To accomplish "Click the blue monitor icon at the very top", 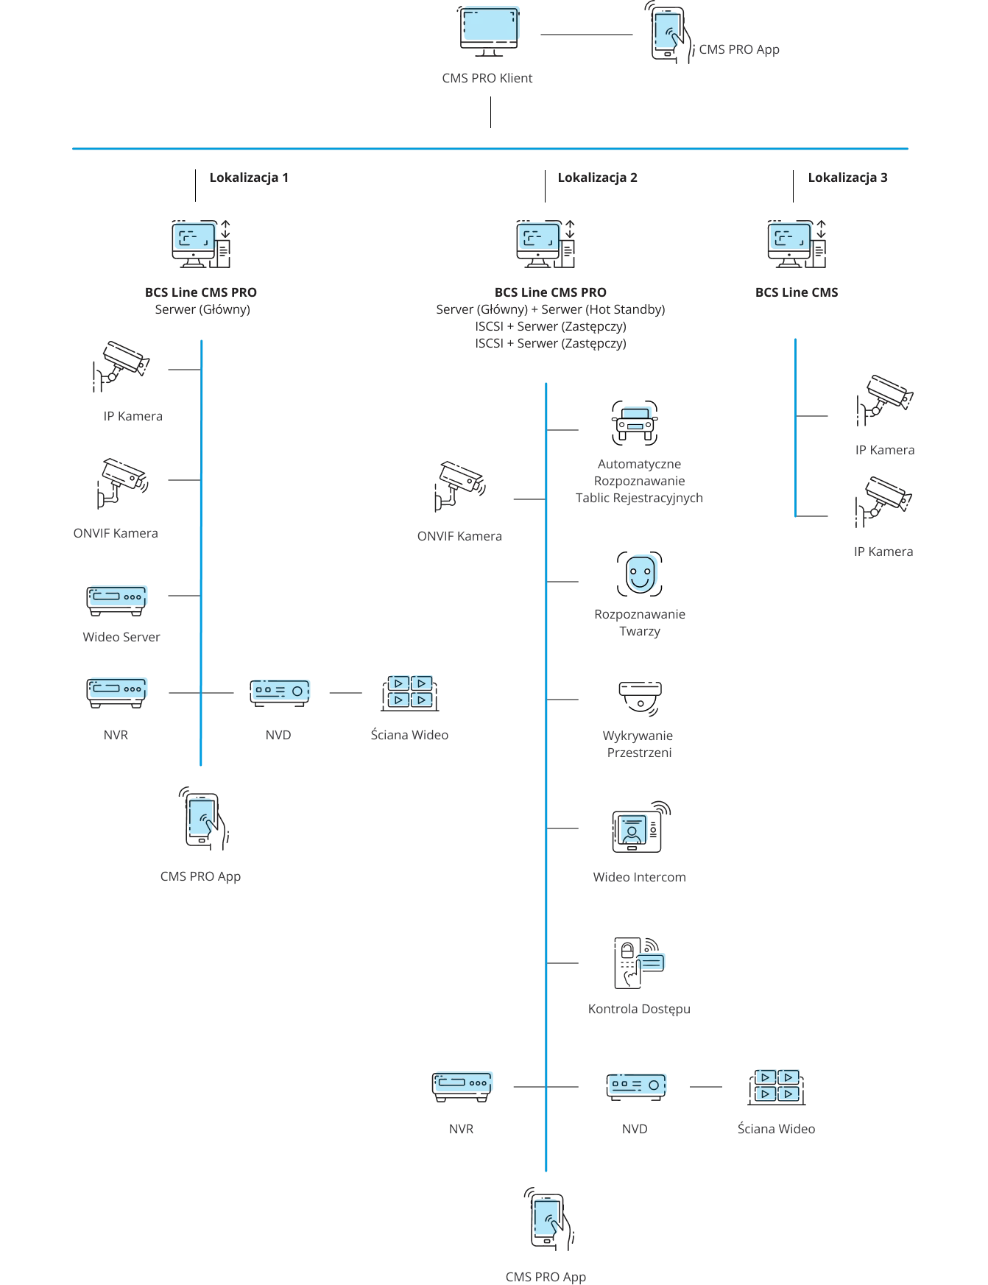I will [491, 27].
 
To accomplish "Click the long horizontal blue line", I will [491, 150].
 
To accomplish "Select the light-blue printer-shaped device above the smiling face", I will [635, 417].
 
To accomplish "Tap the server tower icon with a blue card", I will [638, 962].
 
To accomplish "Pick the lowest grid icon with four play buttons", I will [777, 1086].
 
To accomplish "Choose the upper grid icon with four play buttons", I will [410, 691].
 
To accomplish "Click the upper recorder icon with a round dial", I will [280, 691].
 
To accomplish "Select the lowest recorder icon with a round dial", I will [637, 1085].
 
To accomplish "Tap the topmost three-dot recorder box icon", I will [118, 596].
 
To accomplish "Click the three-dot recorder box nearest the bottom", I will [463, 1083].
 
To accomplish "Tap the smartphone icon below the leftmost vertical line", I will [202, 819].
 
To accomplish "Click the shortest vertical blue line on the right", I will [795, 427].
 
